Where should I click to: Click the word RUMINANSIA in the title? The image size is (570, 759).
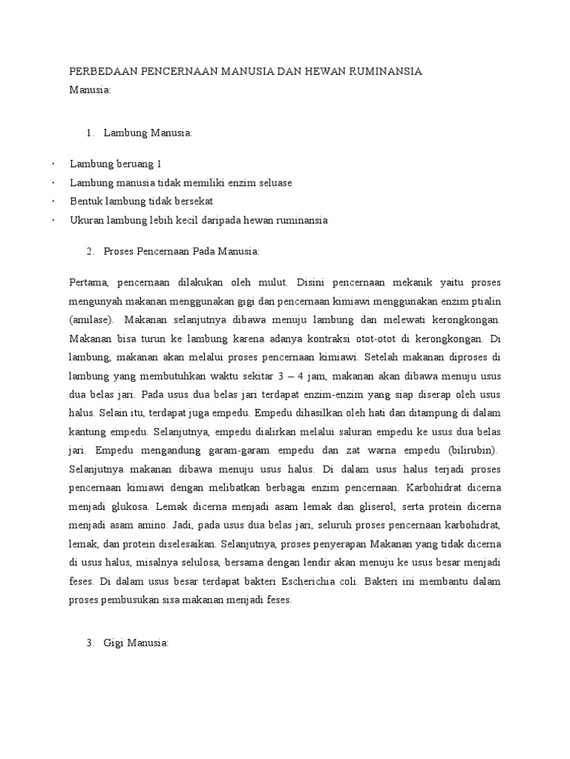[x=385, y=72]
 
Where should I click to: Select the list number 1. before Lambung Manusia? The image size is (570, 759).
[x=90, y=133]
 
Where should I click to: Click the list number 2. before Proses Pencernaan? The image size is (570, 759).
[x=90, y=252]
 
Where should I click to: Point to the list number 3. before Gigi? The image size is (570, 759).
[x=90, y=644]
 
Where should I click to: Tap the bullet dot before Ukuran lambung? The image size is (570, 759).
[x=54, y=221]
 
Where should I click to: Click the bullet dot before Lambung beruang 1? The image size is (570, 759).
[x=54, y=163]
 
